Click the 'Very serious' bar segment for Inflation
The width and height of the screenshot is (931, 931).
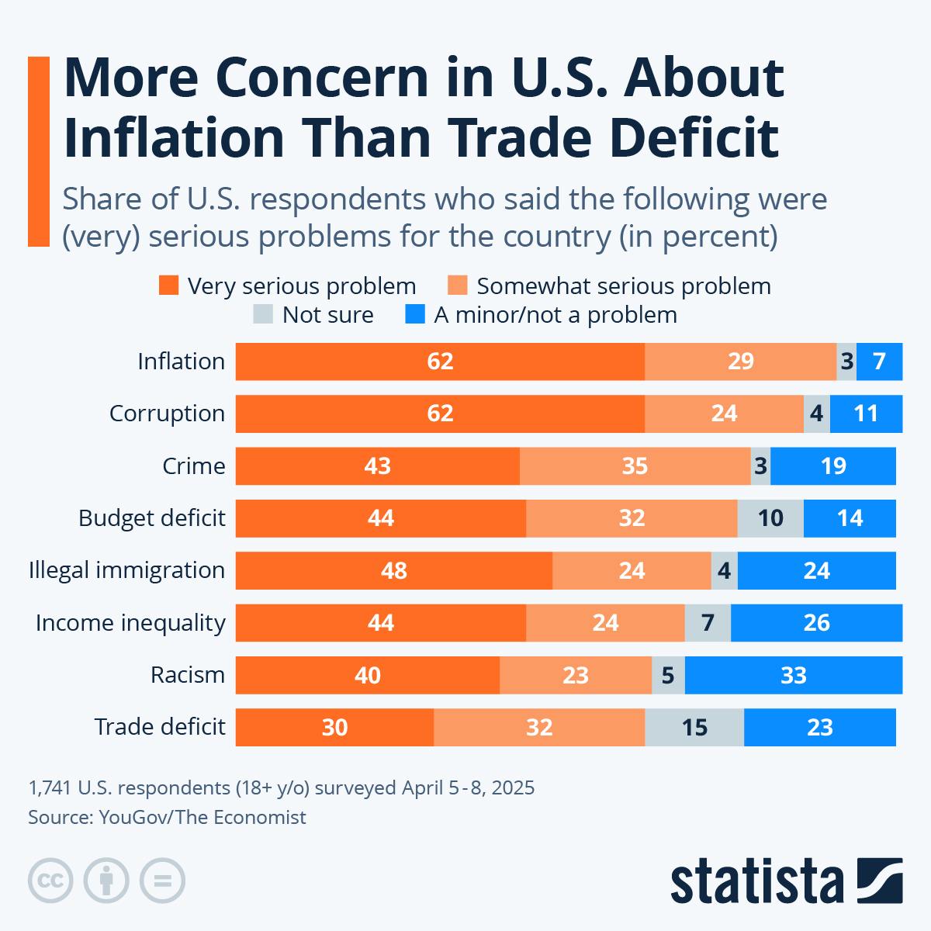[440, 362]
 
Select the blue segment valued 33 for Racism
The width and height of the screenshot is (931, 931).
[793, 675]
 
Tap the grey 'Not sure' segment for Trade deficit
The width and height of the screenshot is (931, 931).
[694, 727]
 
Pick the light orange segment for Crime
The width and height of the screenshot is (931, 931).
[635, 466]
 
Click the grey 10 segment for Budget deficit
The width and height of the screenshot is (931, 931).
[770, 518]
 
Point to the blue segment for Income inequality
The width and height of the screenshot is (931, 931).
[816, 623]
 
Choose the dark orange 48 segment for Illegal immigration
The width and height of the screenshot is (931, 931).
[394, 570]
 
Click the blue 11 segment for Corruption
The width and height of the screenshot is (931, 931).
[866, 414]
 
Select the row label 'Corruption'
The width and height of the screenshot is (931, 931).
[167, 414]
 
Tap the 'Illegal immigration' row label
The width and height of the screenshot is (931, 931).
[126, 570]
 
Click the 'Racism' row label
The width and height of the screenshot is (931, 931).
[188, 675]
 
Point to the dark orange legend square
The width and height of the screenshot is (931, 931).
[168, 286]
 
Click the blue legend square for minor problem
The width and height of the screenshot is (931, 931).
[416, 315]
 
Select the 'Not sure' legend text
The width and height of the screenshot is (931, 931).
[327, 315]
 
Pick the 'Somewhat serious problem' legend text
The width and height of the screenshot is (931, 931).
[624, 286]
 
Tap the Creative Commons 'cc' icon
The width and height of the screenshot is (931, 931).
[50, 881]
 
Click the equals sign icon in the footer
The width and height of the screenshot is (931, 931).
[162, 881]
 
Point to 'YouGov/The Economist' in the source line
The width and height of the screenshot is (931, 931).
[202, 817]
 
